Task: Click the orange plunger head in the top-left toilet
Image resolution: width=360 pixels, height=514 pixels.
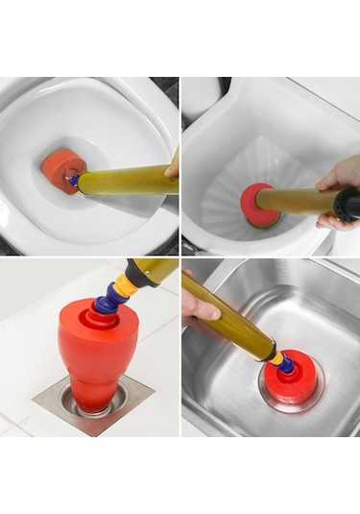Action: [x=60, y=170]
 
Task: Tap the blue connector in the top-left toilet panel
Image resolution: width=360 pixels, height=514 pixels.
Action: [x=74, y=180]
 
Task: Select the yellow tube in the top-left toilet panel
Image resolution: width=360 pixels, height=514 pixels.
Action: [x=125, y=180]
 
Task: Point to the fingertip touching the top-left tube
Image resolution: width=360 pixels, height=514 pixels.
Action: [x=172, y=170]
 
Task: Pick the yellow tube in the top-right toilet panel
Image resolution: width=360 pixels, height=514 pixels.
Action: [x=298, y=203]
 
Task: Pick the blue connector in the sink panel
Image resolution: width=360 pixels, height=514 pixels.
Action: [x=285, y=364]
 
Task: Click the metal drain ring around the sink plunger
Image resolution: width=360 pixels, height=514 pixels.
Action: [x=265, y=398]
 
